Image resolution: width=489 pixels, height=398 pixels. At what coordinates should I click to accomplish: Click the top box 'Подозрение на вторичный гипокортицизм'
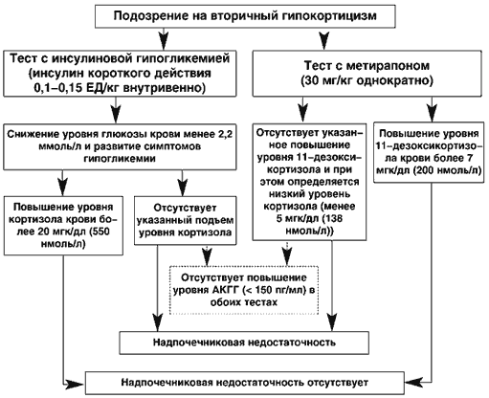[x=245, y=16]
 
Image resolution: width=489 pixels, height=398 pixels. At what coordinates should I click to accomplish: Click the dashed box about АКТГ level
[x=244, y=290]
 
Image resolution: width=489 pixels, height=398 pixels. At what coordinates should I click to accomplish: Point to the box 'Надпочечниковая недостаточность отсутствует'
[x=245, y=383]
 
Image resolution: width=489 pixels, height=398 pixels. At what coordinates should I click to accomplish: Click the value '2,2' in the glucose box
[x=225, y=135]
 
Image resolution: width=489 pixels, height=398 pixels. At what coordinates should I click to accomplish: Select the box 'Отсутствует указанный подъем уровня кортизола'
[x=186, y=220]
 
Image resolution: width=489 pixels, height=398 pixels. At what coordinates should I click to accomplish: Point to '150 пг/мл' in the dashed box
[x=276, y=290]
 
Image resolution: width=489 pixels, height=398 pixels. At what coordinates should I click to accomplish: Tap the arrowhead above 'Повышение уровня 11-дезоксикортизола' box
[x=433, y=112]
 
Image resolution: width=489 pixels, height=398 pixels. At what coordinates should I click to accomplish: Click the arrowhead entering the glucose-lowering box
[x=116, y=114]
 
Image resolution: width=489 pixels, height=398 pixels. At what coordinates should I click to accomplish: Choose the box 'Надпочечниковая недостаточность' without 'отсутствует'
[x=244, y=343]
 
